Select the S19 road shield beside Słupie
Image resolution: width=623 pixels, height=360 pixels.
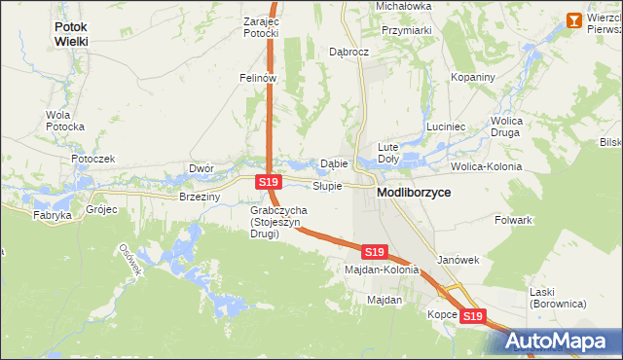(x=270, y=182)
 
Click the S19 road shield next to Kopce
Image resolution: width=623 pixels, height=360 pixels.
(x=472, y=316)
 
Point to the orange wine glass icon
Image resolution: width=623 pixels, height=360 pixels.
(x=573, y=19)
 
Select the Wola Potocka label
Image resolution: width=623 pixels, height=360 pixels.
(x=65, y=121)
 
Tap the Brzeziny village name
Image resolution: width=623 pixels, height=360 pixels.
(x=200, y=197)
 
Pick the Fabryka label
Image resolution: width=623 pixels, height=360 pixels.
(x=53, y=215)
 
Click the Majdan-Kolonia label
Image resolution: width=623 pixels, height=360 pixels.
(x=381, y=270)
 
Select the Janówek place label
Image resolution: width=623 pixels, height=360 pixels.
(x=458, y=260)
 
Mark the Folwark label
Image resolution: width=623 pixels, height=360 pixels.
(x=513, y=220)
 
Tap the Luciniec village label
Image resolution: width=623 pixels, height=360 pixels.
(x=446, y=127)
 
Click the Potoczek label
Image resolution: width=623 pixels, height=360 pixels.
(x=92, y=159)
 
